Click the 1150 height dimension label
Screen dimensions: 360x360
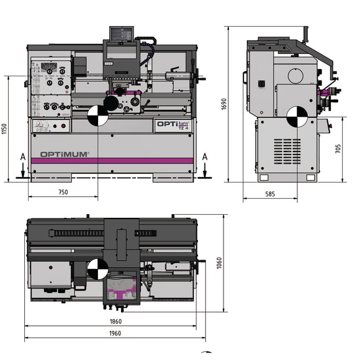pos(6,129)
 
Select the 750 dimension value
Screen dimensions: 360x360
pos(63,192)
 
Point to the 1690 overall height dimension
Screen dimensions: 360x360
pos(224,104)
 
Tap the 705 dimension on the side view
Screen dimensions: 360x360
pos(338,149)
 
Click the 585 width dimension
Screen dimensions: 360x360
pos(270,194)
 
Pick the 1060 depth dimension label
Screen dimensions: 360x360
pos(219,263)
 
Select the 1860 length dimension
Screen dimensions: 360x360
pos(115,322)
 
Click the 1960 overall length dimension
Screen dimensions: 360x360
pos(115,333)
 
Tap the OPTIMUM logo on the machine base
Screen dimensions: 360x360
pos(65,154)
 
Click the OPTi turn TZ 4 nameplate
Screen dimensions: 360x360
pos(173,125)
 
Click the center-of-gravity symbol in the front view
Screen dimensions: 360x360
pos(97,115)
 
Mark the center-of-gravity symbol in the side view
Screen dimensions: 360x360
pos(295,115)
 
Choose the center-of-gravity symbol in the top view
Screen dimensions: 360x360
pos(97,269)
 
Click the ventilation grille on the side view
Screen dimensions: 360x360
pos(287,150)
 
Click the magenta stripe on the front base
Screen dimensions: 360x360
pos(112,161)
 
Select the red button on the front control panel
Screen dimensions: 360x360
pos(63,126)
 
